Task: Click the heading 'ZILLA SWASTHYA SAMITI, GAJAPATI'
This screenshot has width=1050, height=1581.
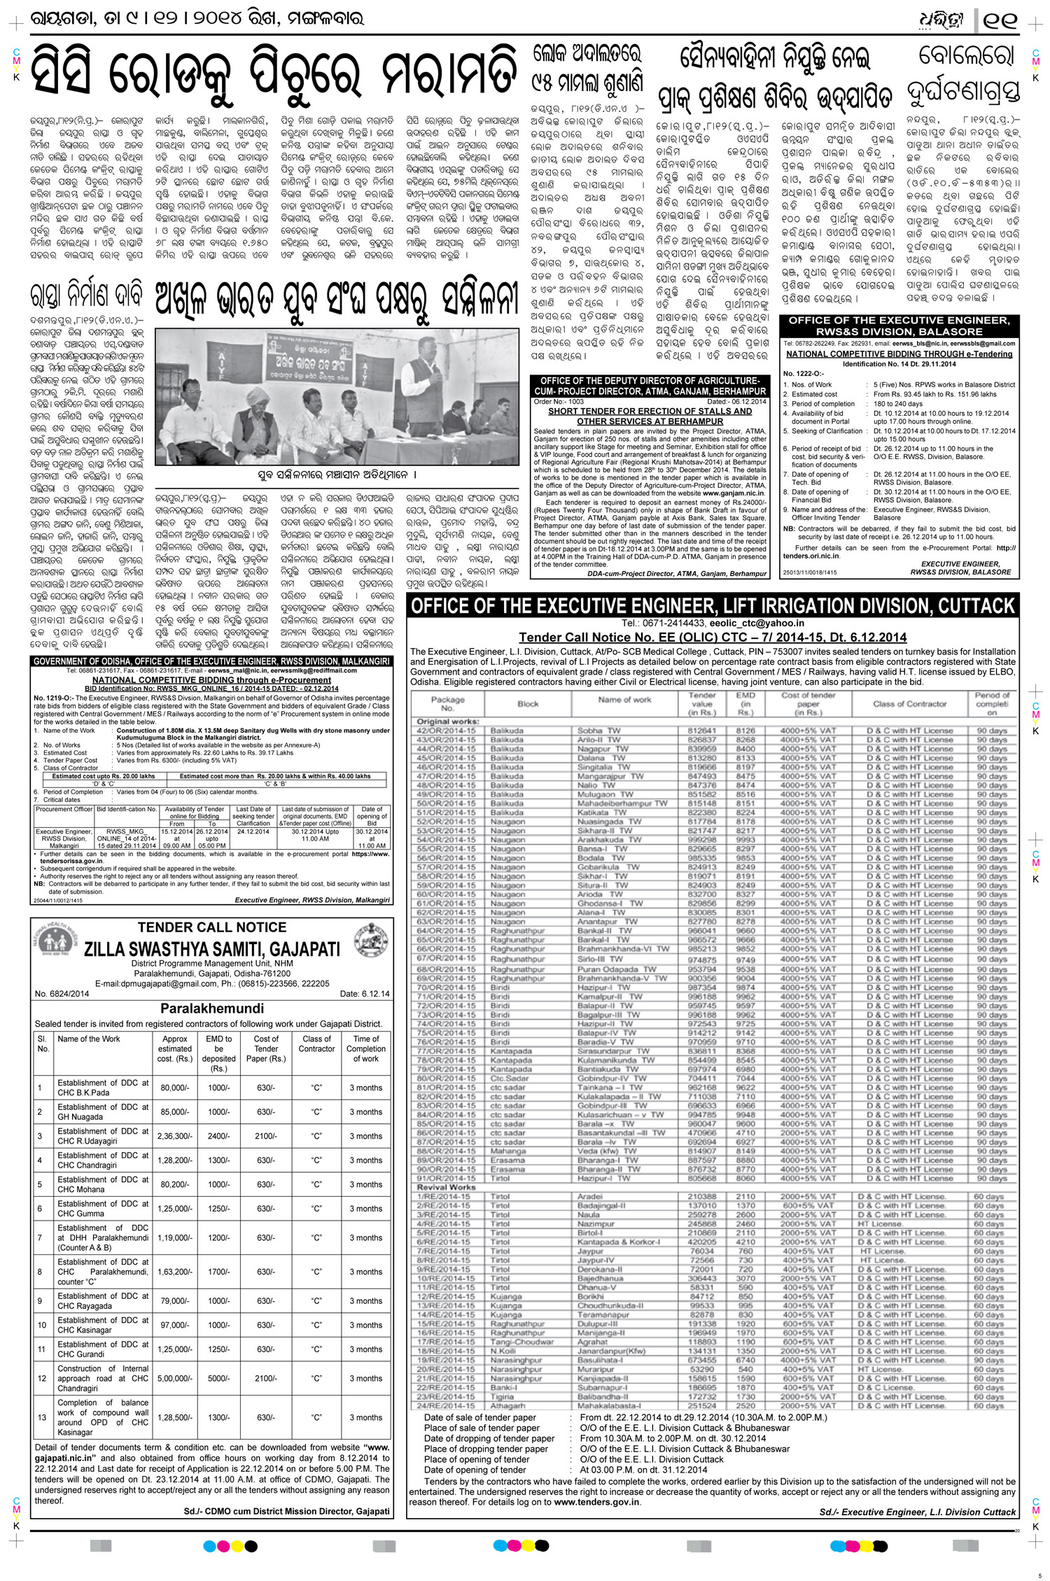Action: pos(212,949)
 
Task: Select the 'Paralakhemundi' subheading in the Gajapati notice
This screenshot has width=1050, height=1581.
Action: pos(212,1009)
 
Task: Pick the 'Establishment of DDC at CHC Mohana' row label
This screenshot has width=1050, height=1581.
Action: pos(103,1184)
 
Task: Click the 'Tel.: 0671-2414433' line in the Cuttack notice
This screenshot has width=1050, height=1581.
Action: pos(713,623)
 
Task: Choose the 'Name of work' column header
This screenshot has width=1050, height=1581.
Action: pos(624,699)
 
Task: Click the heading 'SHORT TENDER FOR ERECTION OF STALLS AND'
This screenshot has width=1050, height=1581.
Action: pos(650,412)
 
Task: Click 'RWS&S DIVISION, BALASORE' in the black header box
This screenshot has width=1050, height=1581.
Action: pos(899,331)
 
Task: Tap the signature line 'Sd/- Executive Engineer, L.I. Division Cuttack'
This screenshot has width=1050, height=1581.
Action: pos(917,1512)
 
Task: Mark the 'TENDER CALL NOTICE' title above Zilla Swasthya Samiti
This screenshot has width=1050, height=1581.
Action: pos(212,927)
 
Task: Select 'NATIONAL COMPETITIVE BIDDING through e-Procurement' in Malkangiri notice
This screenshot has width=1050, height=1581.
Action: pos(212,680)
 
